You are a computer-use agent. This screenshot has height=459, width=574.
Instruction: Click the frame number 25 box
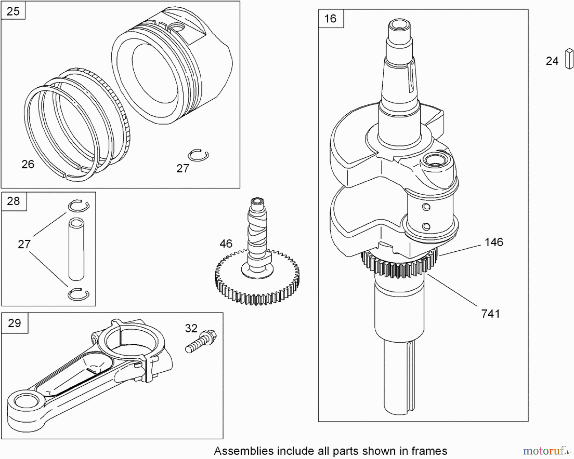(x=13, y=11)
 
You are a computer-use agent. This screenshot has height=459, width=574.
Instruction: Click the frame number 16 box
(x=330, y=18)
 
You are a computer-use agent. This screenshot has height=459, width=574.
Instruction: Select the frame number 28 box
(x=13, y=201)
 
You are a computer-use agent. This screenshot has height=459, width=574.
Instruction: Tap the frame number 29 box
(x=14, y=323)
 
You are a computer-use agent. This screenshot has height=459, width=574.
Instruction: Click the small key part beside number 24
(x=569, y=59)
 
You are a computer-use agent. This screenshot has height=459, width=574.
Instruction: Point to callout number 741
(x=490, y=314)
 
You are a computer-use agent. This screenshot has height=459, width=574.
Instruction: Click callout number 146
(x=494, y=242)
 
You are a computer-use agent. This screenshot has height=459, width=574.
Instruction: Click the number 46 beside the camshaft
(x=226, y=244)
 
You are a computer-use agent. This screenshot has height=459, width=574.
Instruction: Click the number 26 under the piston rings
(x=28, y=164)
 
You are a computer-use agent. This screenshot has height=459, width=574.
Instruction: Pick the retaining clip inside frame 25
(x=198, y=155)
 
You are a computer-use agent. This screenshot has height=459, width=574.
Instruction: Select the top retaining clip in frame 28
(x=78, y=206)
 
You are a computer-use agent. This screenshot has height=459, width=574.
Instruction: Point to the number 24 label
(x=552, y=61)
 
